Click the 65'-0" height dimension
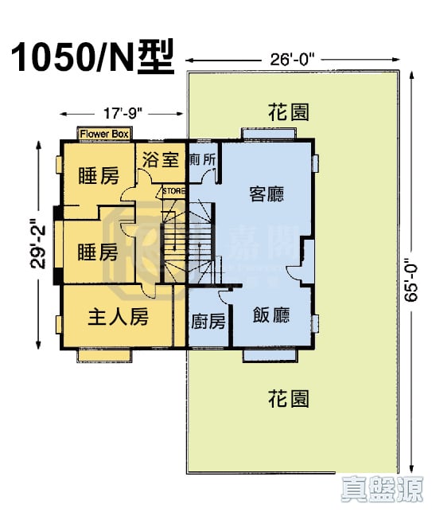coord(411,279)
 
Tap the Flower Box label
coord(104,134)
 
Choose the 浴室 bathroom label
coord(161,159)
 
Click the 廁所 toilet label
coord(203,159)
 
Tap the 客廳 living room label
coord(267,193)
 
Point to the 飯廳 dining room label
coord(271,315)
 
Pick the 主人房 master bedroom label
coord(118,317)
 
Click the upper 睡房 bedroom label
coord(98,177)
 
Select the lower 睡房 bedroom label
coord(98,252)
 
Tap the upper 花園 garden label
coord(288,111)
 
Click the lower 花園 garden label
coord(288,397)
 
